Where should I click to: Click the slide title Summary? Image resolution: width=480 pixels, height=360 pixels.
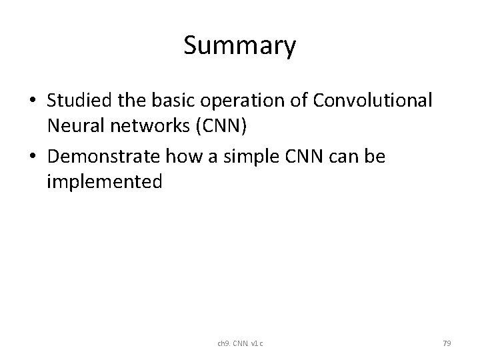239,46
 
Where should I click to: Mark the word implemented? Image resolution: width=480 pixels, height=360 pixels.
104,181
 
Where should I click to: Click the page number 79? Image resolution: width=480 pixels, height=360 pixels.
447,343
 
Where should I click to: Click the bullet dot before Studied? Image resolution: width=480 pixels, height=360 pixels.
32,101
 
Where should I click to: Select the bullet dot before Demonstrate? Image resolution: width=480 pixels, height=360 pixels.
32,157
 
